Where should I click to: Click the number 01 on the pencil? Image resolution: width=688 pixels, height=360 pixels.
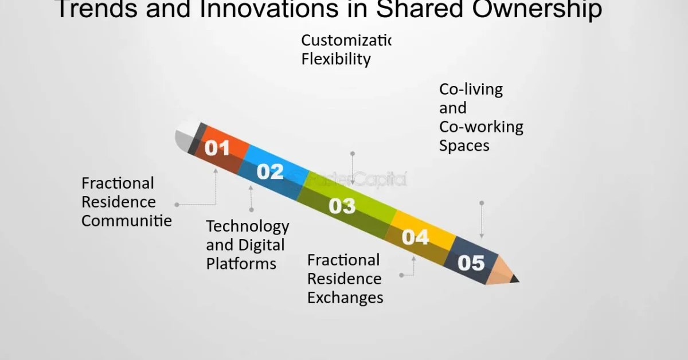click(217, 148)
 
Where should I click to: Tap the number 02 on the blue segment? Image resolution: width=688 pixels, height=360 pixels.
click(270, 171)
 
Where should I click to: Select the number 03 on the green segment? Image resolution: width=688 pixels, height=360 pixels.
click(342, 206)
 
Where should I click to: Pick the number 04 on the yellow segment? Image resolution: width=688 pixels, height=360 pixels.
click(415, 237)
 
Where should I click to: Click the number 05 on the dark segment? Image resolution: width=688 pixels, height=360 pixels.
click(471, 263)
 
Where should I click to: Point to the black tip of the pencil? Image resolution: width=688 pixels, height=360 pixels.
click(514, 279)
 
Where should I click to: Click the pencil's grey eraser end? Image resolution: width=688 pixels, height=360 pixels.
click(185, 138)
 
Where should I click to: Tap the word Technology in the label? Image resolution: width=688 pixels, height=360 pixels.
click(248, 226)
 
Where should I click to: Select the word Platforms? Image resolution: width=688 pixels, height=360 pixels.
click(241, 264)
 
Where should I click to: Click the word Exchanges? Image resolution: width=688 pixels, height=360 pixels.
click(345, 298)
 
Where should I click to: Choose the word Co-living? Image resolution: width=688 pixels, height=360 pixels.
click(471, 89)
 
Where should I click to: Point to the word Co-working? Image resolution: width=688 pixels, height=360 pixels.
click(481, 127)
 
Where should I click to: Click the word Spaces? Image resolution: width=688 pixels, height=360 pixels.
click(464, 146)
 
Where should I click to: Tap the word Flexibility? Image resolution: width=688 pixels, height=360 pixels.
click(336, 59)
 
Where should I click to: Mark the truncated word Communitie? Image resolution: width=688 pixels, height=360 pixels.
click(127, 221)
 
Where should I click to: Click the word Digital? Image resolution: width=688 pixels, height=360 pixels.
click(261, 245)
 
